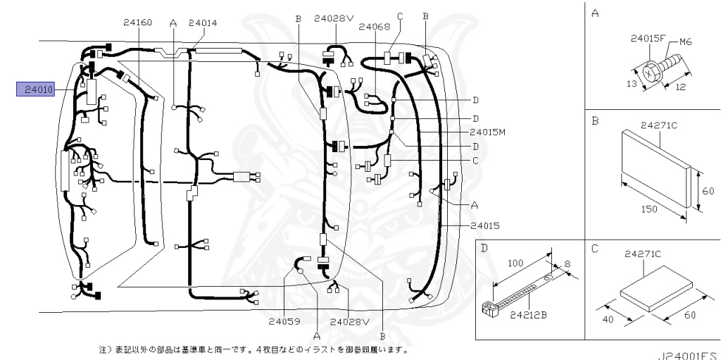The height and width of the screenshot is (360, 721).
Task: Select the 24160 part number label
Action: click(137, 23)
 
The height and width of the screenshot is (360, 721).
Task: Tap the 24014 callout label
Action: click(203, 23)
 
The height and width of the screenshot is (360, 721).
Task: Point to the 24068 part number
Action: click(374, 27)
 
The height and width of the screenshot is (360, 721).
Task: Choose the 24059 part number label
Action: click(284, 321)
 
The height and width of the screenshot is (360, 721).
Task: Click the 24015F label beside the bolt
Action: click(647, 39)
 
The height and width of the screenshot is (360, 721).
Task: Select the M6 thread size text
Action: click(685, 42)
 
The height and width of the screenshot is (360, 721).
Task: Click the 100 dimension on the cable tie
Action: click(515, 262)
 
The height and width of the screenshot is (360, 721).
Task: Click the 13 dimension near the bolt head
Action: click(632, 83)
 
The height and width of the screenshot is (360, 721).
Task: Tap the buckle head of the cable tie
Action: click(487, 307)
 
